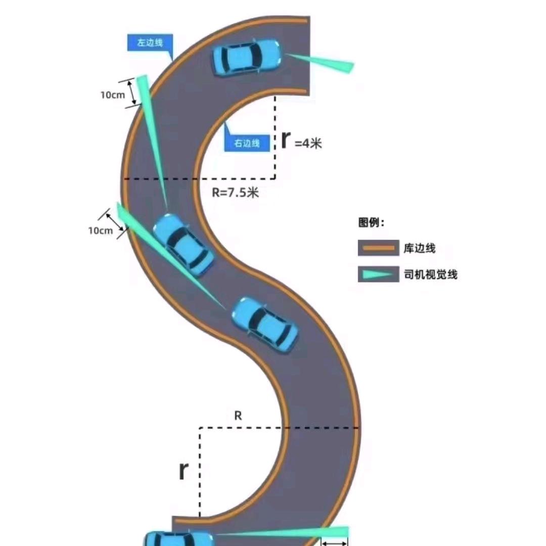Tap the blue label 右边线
coord(246,143)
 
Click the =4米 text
coord(308,143)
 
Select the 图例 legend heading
coord(372,222)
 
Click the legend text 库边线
coord(420,248)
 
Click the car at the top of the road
coord(247,57)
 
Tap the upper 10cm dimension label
coord(112,95)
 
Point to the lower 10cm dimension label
coord(100,231)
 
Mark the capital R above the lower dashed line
coord(238,416)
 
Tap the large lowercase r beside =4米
coord(286,140)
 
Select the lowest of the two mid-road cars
coord(265,324)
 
